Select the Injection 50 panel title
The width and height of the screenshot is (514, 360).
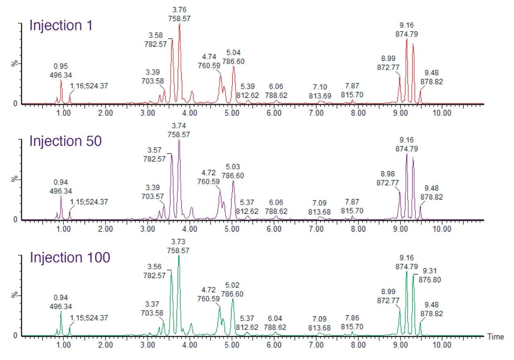pyautogui.click(x=65, y=141)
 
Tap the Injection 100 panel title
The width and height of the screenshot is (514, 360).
pyautogui.click(x=70, y=258)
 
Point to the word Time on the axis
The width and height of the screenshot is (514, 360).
pyautogui.click(x=495, y=337)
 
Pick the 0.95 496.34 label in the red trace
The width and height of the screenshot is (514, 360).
pyautogui.click(x=61, y=70)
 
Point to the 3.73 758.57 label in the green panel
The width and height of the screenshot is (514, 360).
pyautogui.click(x=178, y=245)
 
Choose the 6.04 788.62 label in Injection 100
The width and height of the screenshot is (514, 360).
pyautogui.click(x=275, y=323)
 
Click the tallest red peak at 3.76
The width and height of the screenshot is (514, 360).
pyautogui.click(x=179, y=24)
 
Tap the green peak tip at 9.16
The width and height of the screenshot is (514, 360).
pyautogui.click(x=407, y=272)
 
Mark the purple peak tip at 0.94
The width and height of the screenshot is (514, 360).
pyautogui.click(x=61, y=196)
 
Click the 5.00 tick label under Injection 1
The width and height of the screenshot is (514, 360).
pyautogui.click(x=232, y=113)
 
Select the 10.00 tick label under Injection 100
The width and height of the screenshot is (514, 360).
pyautogui.click(x=442, y=344)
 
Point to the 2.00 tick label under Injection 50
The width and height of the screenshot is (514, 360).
pyautogui.click(x=105, y=229)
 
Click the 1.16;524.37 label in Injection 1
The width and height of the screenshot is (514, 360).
pyautogui.click(x=89, y=86)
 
